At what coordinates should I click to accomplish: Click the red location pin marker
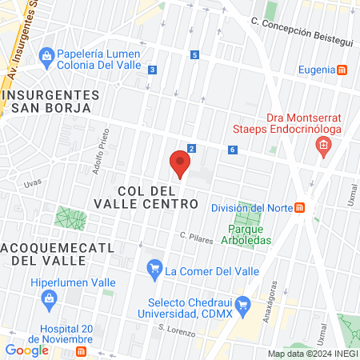point(180,165)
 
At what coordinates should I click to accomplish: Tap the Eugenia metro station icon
point(342,70)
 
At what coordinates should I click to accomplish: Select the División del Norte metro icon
point(300,208)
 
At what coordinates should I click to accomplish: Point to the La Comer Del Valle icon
point(154,270)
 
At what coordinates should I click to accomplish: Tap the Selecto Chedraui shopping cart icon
point(245,304)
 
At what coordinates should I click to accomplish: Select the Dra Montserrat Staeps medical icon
point(323,146)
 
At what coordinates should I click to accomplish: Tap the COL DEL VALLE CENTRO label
point(158,198)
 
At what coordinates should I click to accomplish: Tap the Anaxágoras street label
point(274,298)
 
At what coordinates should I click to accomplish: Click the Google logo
point(26,350)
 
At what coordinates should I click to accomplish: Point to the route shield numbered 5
point(194,55)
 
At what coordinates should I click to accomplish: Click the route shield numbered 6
point(231,150)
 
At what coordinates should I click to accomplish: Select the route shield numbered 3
point(152,70)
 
